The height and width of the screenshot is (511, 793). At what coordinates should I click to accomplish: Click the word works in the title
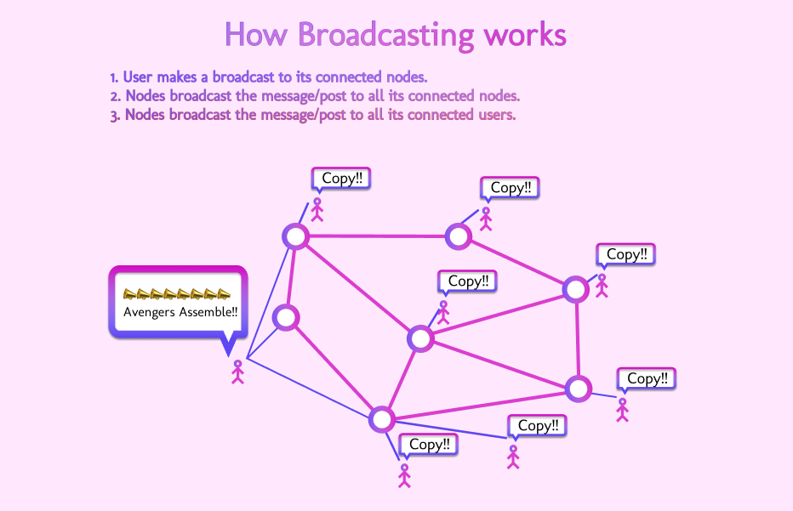[524, 36]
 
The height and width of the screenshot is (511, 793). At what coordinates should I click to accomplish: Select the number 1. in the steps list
[115, 77]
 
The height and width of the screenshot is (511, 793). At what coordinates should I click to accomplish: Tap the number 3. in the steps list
[116, 115]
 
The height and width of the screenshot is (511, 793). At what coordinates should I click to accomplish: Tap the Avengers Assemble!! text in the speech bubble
[180, 312]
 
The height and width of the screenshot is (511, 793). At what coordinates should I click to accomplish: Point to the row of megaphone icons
[176, 294]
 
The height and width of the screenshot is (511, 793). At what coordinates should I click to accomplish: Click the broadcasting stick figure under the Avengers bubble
[238, 372]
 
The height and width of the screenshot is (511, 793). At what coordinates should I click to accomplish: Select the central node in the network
[420, 338]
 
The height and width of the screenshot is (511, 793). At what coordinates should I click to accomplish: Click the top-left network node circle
[295, 236]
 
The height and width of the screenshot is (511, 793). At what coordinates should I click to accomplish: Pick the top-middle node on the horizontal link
[459, 236]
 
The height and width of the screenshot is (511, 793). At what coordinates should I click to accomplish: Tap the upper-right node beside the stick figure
[576, 289]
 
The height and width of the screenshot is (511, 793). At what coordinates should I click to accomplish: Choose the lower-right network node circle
[579, 389]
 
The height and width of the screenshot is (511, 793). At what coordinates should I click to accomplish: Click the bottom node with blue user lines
[382, 418]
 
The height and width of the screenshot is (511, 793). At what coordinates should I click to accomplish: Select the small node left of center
[285, 318]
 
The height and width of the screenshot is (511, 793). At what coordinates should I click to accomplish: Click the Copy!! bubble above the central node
[465, 281]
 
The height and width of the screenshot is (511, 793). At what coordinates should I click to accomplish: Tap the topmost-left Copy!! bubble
[342, 179]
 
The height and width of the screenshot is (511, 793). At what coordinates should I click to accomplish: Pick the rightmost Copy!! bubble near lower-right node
[647, 378]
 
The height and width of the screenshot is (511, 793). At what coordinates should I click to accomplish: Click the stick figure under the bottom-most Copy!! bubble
[404, 474]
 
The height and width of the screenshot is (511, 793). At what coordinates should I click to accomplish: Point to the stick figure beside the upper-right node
[602, 285]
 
